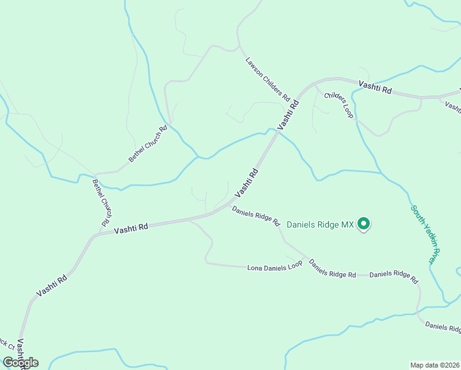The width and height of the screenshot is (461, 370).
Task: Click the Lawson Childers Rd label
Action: [268, 80]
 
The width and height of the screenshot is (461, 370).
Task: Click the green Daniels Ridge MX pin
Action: [364, 224]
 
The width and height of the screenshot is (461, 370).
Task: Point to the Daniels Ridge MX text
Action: [320, 225]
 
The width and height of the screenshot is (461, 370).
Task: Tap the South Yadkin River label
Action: [427, 234]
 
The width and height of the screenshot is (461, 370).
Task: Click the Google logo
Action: [20, 363]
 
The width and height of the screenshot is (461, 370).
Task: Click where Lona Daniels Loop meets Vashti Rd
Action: [189, 219]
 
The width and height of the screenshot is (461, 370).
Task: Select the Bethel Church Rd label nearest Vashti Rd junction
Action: [103, 202]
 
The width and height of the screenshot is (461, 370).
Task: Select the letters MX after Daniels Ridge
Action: [348, 225]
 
